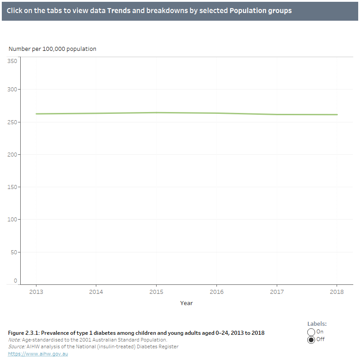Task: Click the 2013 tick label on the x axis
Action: (36, 292)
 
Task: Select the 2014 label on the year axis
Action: (96, 292)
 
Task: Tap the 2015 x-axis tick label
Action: (156, 292)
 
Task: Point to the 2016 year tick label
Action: (216, 292)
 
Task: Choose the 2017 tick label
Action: (277, 292)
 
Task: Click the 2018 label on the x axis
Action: (337, 292)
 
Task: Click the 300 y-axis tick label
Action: (12, 90)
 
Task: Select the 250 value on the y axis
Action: (12, 122)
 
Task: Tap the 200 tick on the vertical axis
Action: (12, 154)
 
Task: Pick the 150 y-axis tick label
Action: (12, 187)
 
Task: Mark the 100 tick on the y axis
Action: (12, 219)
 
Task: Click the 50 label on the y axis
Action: (13, 252)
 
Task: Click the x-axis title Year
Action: (186, 303)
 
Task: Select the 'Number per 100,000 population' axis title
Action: (52, 49)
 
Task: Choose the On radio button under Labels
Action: (311, 332)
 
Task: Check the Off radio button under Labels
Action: (311, 340)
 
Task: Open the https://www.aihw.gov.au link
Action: (38, 354)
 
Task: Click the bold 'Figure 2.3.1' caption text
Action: (136, 333)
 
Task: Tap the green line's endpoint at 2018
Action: (337, 115)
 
